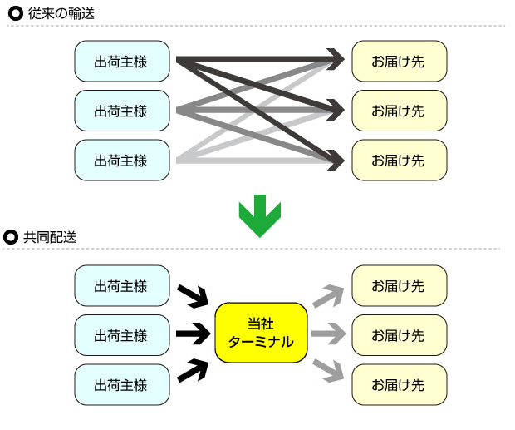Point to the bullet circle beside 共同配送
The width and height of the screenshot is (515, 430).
point(12,237)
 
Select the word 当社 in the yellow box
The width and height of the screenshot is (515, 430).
point(261,323)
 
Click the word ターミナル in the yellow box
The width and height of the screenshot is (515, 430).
point(261,341)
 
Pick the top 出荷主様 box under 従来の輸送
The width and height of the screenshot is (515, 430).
point(121,61)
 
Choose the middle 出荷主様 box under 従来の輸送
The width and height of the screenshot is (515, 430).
point(121,111)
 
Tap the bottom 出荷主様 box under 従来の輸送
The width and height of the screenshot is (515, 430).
point(121,160)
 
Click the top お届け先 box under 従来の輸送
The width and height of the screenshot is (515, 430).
point(399,61)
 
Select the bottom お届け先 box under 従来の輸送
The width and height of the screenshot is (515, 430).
point(399,160)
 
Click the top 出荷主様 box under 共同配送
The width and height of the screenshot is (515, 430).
point(121,286)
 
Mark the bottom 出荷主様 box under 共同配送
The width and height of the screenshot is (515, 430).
point(121,384)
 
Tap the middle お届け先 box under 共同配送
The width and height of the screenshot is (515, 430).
point(399,335)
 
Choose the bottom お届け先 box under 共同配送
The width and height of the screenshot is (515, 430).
point(399,384)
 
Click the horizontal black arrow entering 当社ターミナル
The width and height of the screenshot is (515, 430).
point(194,334)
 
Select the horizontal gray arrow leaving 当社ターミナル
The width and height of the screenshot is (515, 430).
point(329,334)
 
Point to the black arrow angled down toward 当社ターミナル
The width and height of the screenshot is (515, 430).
point(194,294)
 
